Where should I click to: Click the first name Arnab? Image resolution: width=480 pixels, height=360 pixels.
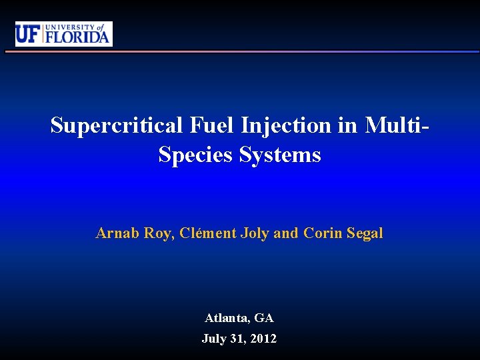pyautogui.click(x=117, y=233)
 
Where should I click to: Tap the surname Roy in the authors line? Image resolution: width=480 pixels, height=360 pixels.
pyautogui.click(x=159, y=233)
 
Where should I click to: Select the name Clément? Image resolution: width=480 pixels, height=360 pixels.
pyautogui.click(x=209, y=233)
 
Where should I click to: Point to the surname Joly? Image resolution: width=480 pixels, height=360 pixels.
pyautogui.click(x=255, y=233)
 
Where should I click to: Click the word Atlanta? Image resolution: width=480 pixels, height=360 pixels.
pyautogui.click(x=226, y=319)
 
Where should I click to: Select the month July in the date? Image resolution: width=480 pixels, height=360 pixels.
pyautogui.click(x=215, y=339)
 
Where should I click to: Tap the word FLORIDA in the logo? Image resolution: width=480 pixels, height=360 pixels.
pyautogui.click(x=77, y=37)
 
